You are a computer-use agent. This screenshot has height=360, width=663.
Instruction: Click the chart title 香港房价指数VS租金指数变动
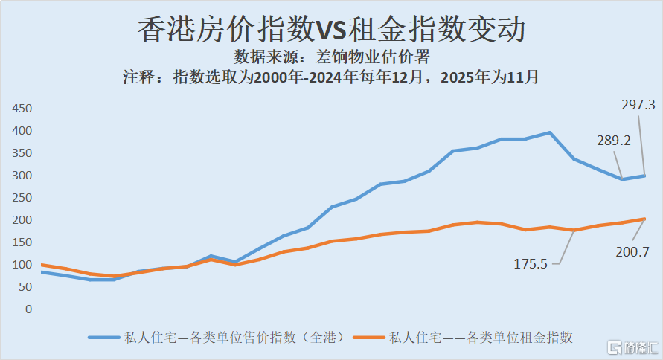[332, 30]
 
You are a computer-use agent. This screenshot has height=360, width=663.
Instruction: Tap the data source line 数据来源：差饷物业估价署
[332, 57]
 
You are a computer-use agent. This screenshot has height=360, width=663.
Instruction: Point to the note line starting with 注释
[332, 77]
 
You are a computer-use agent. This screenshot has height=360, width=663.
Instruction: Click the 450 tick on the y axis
[22, 109]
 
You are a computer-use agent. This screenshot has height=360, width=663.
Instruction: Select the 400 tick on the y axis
[22, 131]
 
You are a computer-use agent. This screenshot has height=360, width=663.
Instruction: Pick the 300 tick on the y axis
[22, 176]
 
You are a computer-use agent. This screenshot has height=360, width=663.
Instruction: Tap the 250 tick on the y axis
[22, 198]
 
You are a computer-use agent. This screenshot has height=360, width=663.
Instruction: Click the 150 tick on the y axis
[22, 242]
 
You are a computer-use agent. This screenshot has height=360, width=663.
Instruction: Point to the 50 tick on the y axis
[25, 287]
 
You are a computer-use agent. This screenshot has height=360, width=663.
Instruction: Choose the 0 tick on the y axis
[28, 309]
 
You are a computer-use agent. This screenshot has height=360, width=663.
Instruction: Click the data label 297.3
[638, 106]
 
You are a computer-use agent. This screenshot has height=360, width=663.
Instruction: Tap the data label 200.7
[632, 252]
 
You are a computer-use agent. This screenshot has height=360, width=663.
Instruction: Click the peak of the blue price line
[549, 133]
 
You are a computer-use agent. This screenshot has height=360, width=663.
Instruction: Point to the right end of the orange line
[644, 219]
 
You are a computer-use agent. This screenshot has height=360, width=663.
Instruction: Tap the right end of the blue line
[644, 176]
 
